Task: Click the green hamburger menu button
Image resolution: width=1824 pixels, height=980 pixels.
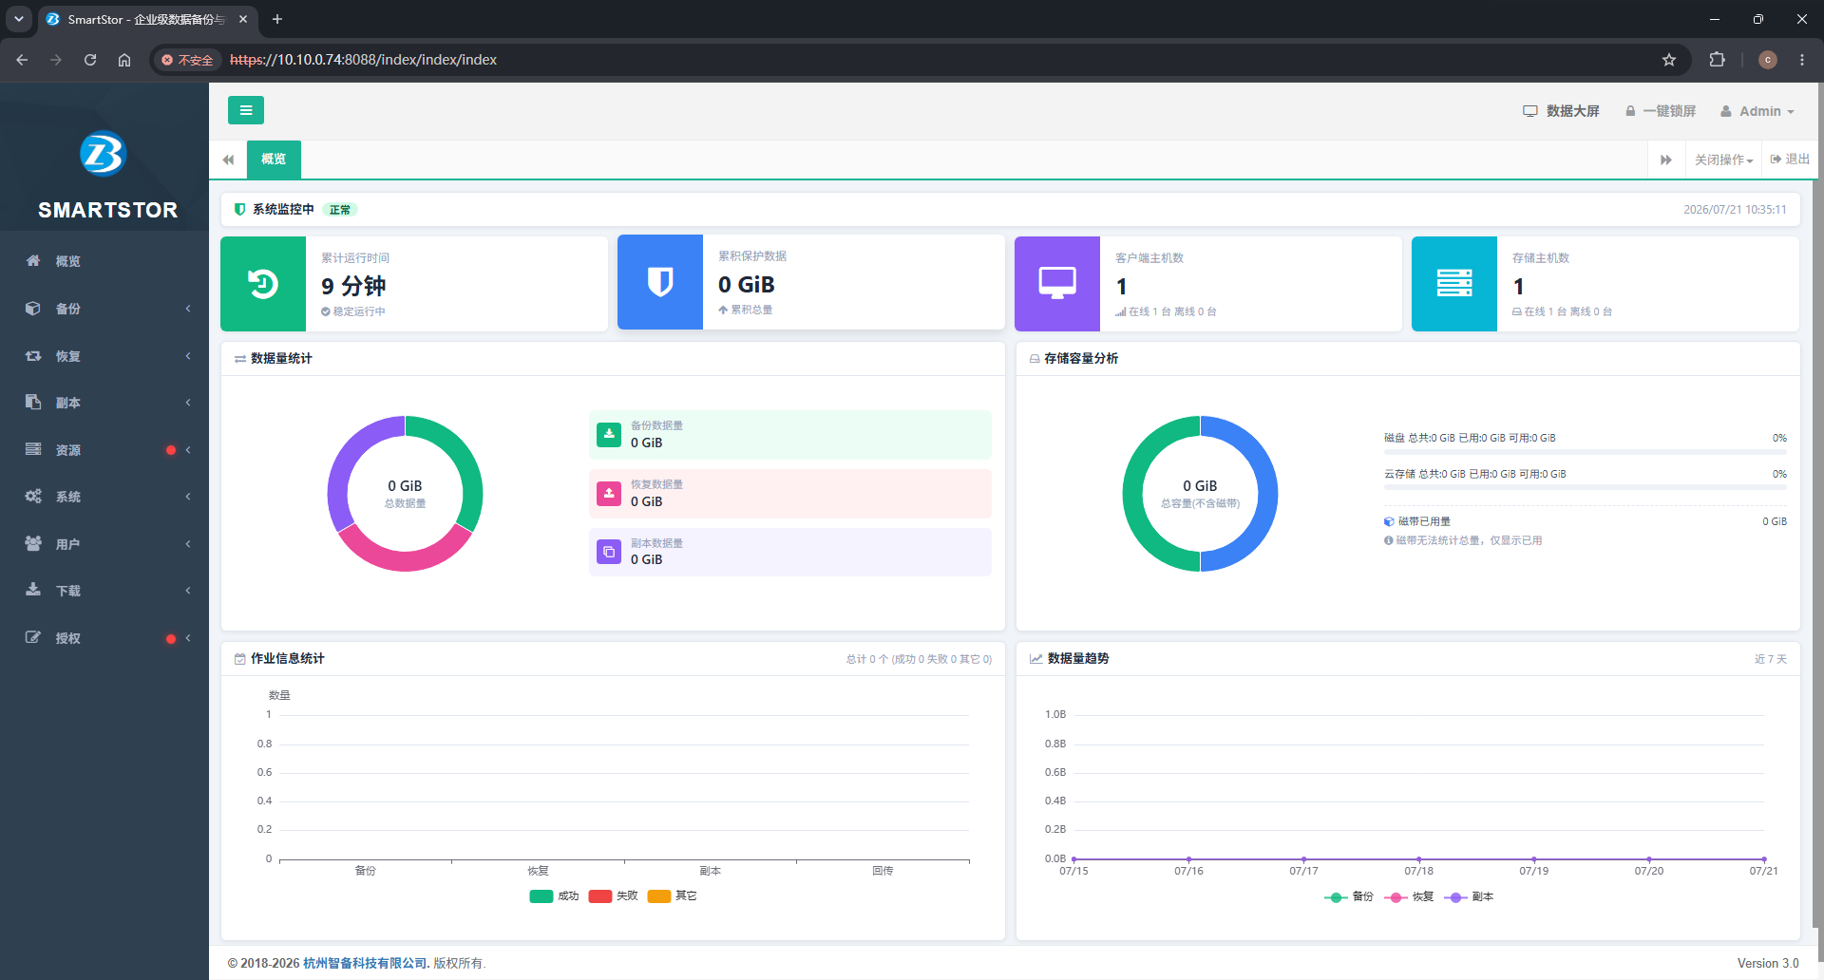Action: [246, 110]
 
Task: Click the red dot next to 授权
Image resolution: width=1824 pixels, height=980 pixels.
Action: [171, 639]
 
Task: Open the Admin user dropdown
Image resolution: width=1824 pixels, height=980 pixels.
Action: [1757, 111]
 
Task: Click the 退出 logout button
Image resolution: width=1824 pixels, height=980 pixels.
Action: [1790, 160]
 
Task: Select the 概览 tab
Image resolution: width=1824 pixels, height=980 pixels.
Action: [274, 160]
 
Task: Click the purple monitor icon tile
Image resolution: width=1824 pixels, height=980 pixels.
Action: [1057, 283]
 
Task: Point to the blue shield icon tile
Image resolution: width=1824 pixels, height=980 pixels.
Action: [660, 282]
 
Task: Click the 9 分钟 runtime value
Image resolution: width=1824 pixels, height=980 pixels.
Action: [353, 286]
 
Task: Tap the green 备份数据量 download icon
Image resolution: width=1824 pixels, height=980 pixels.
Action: [609, 434]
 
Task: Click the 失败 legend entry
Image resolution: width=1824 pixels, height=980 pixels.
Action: [614, 896]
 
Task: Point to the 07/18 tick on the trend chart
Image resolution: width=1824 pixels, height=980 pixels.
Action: [1418, 871]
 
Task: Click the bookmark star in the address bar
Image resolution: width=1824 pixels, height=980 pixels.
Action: [1669, 60]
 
